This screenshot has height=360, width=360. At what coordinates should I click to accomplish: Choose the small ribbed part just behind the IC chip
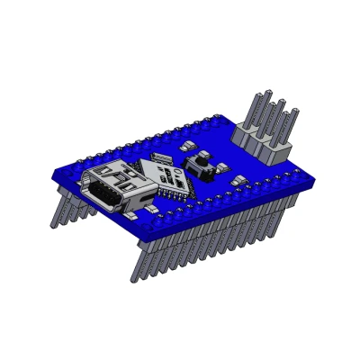tap(162, 159)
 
